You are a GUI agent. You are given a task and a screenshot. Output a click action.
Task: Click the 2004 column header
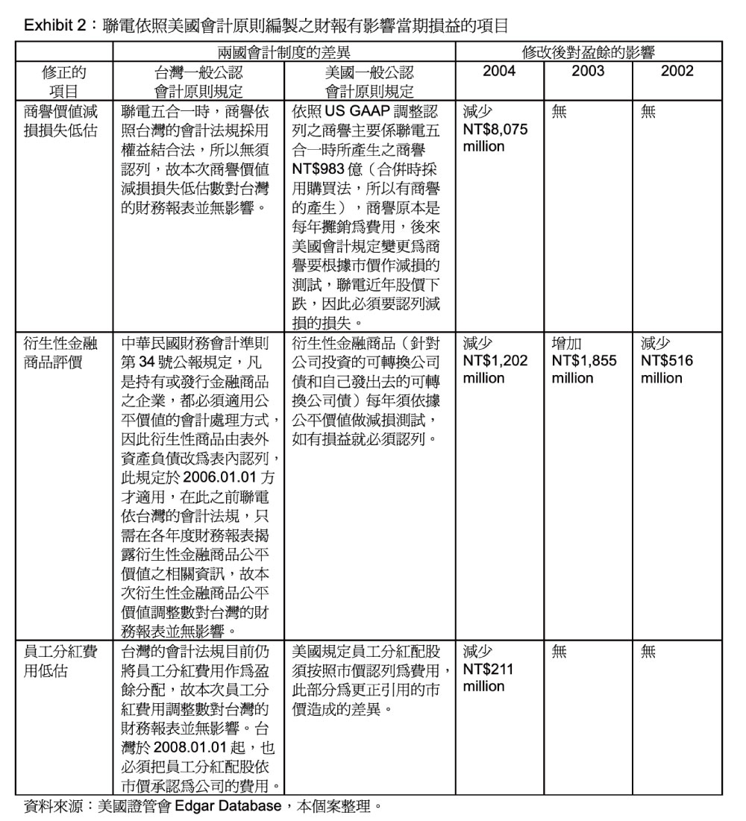point(498,72)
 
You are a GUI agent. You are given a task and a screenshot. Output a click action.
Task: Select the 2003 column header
point(588,72)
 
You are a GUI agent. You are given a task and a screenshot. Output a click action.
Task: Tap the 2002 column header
point(677,72)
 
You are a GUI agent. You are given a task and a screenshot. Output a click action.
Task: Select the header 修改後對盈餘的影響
point(589,53)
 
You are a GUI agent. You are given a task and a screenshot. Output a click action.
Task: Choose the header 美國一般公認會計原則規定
point(370,81)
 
